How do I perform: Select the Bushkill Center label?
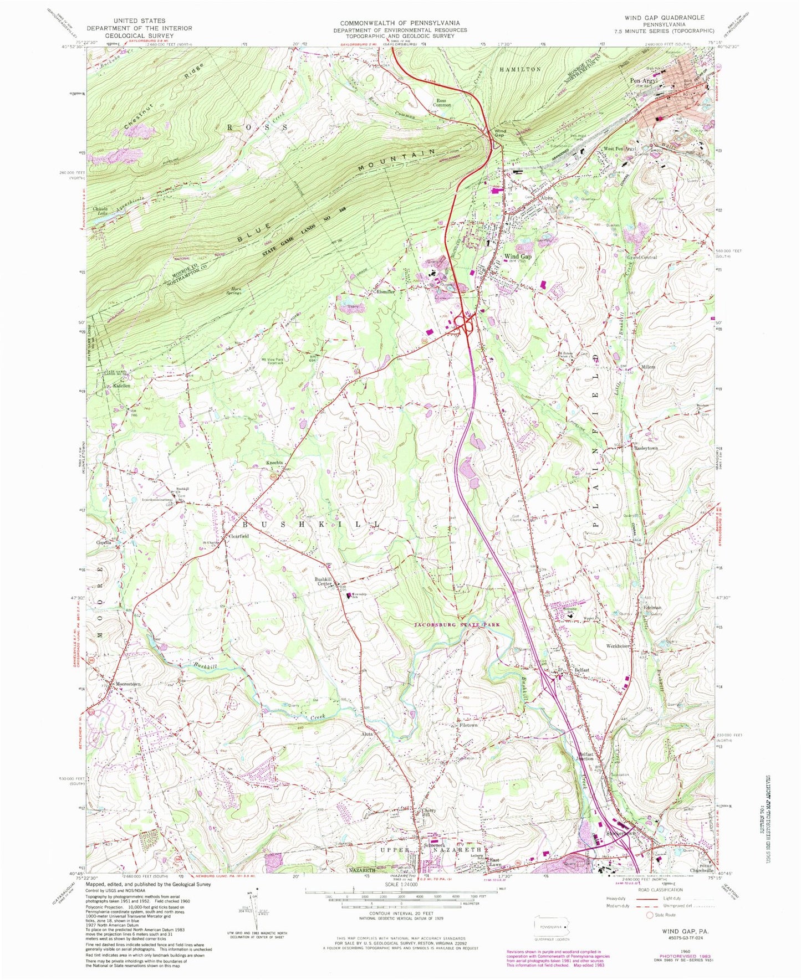coord(323,581)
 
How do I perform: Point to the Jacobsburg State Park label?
coord(457,624)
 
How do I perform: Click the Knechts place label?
coord(274,463)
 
